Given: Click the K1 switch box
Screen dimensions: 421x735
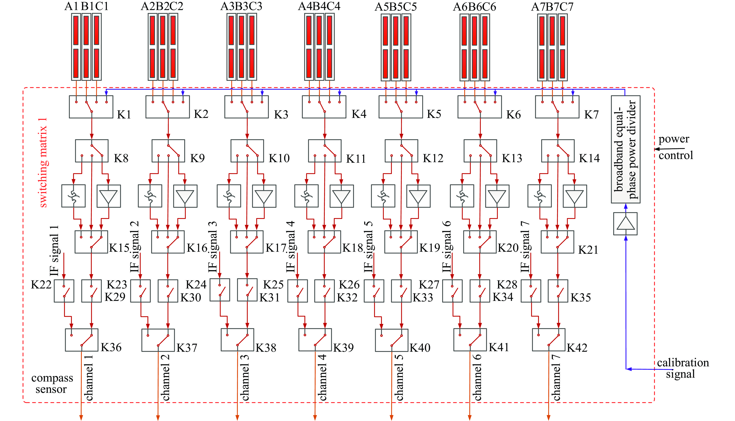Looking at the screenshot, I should pyautogui.click(x=91, y=107).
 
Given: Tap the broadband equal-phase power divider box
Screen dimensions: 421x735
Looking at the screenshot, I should pyautogui.click(x=625, y=150).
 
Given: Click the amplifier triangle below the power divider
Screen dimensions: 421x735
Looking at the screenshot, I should pyautogui.click(x=625, y=224).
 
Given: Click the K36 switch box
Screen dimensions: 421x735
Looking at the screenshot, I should pyautogui.click(x=82, y=340).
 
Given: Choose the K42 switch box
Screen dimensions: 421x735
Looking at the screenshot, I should pyautogui.click(x=549, y=340).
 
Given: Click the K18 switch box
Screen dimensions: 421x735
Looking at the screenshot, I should pyautogui.click(x=324, y=242).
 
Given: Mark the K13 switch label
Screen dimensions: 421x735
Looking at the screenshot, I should pyautogui.click(x=512, y=158).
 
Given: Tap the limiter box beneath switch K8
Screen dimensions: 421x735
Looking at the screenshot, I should pyautogui.click(x=74, y=196).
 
